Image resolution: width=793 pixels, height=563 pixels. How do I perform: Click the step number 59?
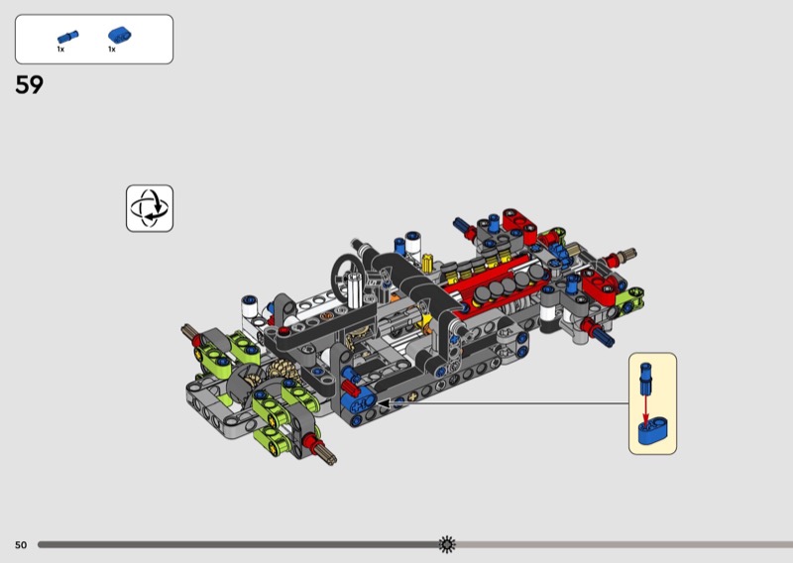pos(30,85)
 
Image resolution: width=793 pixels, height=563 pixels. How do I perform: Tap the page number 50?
pos(21,545)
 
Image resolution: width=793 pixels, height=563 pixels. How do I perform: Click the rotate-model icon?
pos(150,208)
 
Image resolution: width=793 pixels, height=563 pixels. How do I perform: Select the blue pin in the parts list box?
pos(67,37)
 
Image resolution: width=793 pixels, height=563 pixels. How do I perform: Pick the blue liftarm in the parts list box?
pos(120,35)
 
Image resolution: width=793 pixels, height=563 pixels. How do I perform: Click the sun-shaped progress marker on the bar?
pos(447,544)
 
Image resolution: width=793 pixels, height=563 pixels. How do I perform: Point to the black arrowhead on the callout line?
pos(384,403)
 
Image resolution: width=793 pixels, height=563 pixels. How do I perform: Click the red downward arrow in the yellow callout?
pos(645,408)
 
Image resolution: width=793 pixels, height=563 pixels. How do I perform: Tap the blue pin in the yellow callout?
pos(646,379)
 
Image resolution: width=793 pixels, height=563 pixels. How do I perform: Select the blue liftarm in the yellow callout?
pos(653,431)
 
